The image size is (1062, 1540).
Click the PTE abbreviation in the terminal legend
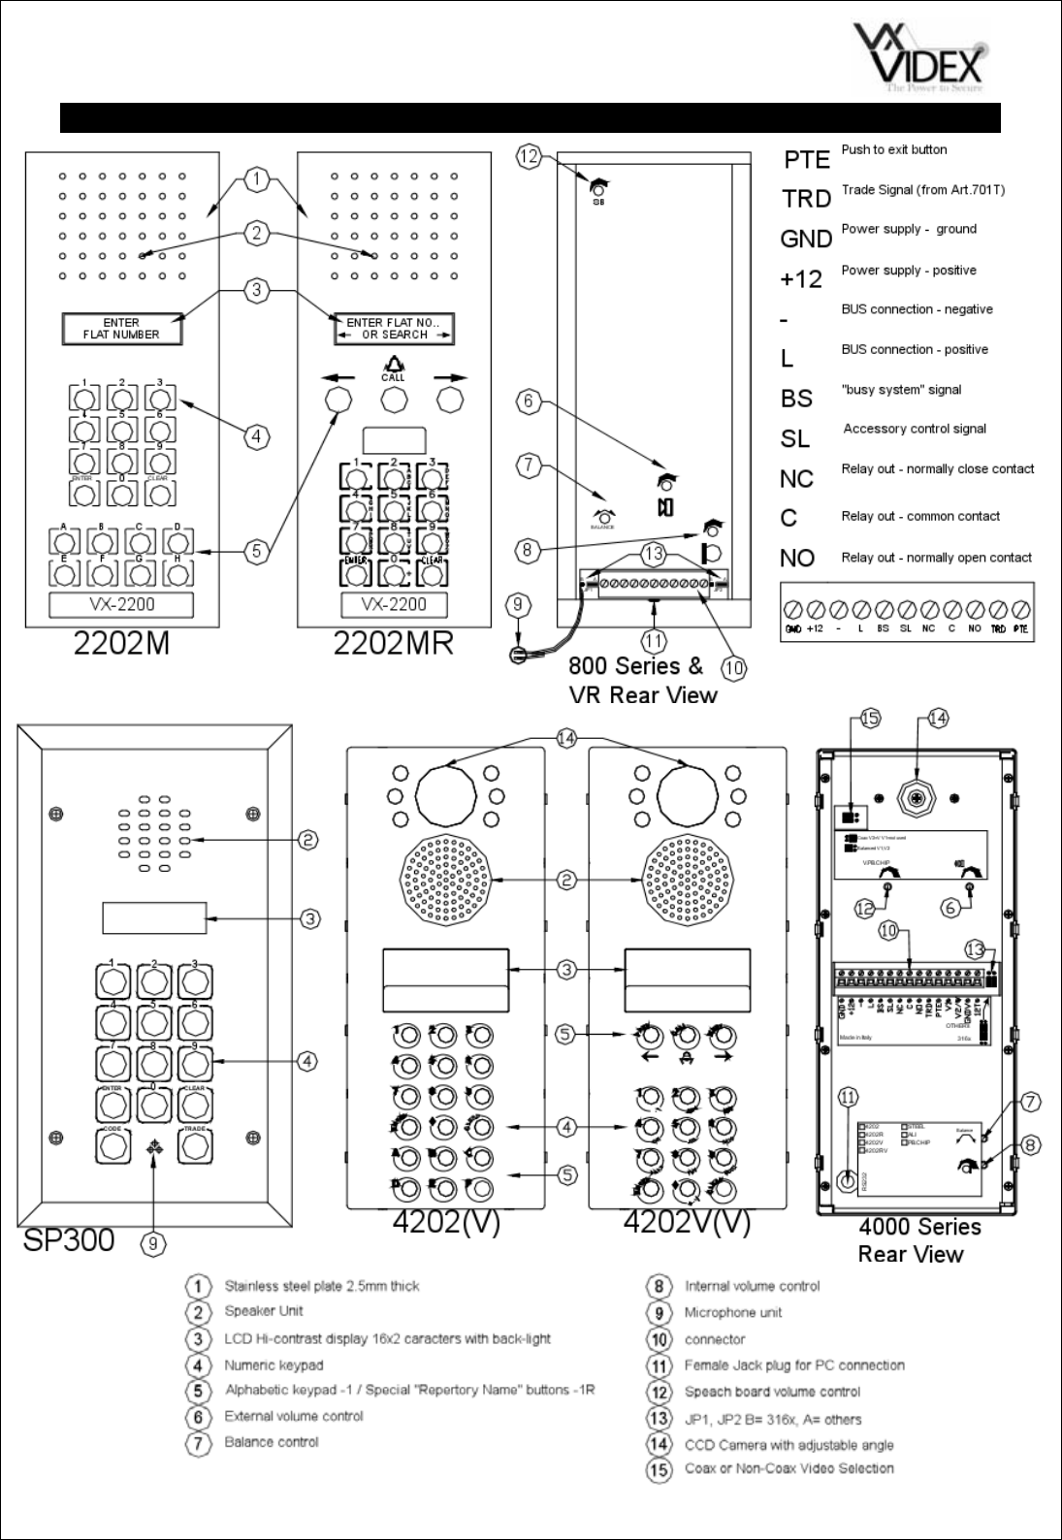[x=806, y=160]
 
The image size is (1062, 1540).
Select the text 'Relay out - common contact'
[x=919, y=517]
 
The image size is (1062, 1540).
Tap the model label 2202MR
[x=393, y=644]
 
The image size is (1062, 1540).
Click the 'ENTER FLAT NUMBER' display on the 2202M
[x=121, y=329]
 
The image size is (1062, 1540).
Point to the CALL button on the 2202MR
[x=393, y=400]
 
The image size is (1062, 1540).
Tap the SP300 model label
[x=68, y=1239]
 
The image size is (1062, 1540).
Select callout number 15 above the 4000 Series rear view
[x=869, y=719]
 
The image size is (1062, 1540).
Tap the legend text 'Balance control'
[x=272, y=1442]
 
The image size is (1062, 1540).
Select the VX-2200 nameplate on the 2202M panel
[x=121, y=605]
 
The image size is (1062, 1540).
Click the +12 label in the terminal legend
[x=801, y=280]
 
